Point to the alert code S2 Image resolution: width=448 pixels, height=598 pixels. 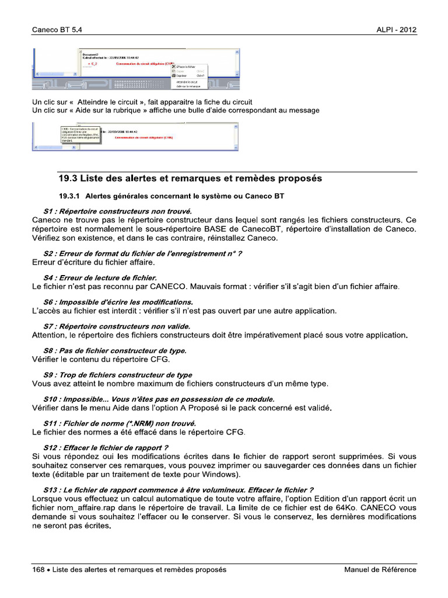48,253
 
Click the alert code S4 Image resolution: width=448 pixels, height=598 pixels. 48,277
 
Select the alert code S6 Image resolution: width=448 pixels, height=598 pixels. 48,302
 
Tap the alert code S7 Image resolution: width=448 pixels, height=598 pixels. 48,326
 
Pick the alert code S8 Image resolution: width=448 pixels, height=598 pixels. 48,350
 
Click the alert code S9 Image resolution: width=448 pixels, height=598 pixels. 48,375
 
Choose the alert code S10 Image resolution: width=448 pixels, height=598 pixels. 51,398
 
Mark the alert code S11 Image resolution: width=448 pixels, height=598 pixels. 51,423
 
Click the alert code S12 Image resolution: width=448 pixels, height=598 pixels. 51,447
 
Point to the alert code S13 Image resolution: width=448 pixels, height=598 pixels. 51,489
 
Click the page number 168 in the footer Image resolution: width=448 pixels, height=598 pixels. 38,569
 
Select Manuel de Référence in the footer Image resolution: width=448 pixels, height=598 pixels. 380,569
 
